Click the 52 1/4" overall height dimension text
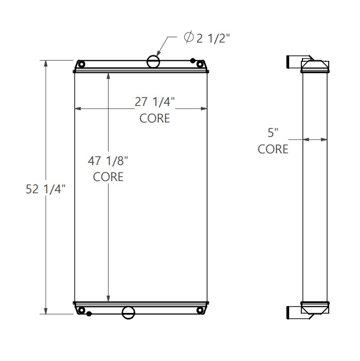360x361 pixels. coord(45,188)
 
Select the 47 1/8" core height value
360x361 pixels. coord(108,160)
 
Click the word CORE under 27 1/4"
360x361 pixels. coord(154,118)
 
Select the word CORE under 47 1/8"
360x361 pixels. coord(108,177)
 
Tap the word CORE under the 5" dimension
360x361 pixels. coord(273,150)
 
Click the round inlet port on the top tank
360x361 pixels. coord(153,62)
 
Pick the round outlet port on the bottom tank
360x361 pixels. coord(128,313)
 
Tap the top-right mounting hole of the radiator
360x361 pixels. coord(200,65)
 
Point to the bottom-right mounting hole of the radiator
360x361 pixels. coord(200,310)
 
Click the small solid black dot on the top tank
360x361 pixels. coord(191,61)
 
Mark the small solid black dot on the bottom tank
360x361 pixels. coord(89,314)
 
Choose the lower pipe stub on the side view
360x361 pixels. coord(294,313)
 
